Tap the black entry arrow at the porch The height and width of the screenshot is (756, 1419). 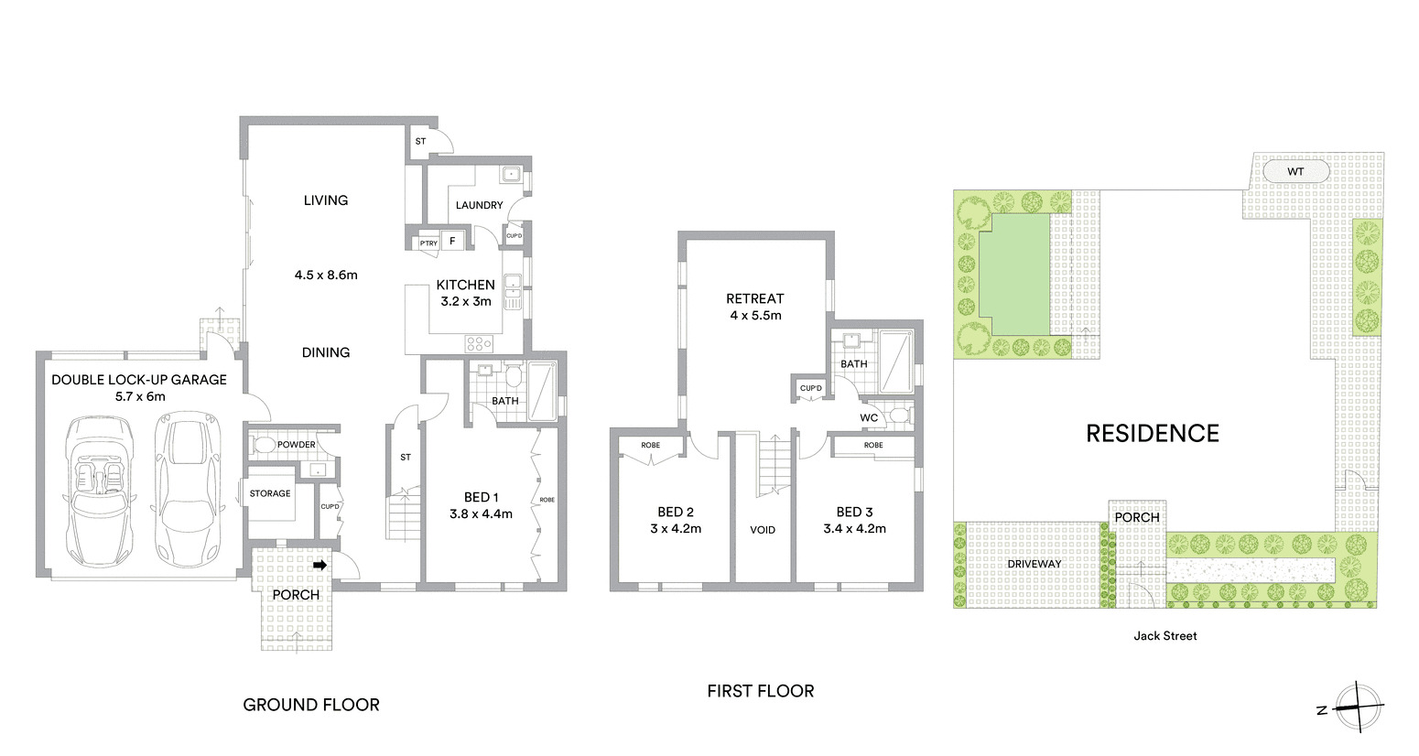[x=320, y=566]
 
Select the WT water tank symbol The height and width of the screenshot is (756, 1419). [x=1295, y=171]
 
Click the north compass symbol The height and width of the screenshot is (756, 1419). [x=1355, y=708]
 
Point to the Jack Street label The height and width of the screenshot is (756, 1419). [x=1164, y=635]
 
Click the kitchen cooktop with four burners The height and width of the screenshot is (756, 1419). [x=479, y=344]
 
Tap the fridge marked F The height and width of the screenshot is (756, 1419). [x=452, y=242]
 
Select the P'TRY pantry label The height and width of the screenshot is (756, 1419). [x=428, y=243]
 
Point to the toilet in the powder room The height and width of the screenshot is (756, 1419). [x=264, y=446]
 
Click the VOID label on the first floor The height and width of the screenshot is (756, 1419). [x=762, y=530]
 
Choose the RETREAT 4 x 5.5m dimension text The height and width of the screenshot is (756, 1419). [x=755, y=316]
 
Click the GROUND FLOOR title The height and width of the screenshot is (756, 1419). [x=310, y=704]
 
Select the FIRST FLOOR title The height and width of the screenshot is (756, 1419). [x=760, y=691]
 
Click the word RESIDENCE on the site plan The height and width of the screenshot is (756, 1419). [x=1152, y=433]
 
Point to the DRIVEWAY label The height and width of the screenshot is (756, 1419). [x=1034, y=564]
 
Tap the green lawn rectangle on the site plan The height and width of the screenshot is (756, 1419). [x=1014, y=274]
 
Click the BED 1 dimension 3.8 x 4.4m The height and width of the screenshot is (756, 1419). [x=481, y=514]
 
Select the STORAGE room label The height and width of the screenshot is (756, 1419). [x=270, y=493]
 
